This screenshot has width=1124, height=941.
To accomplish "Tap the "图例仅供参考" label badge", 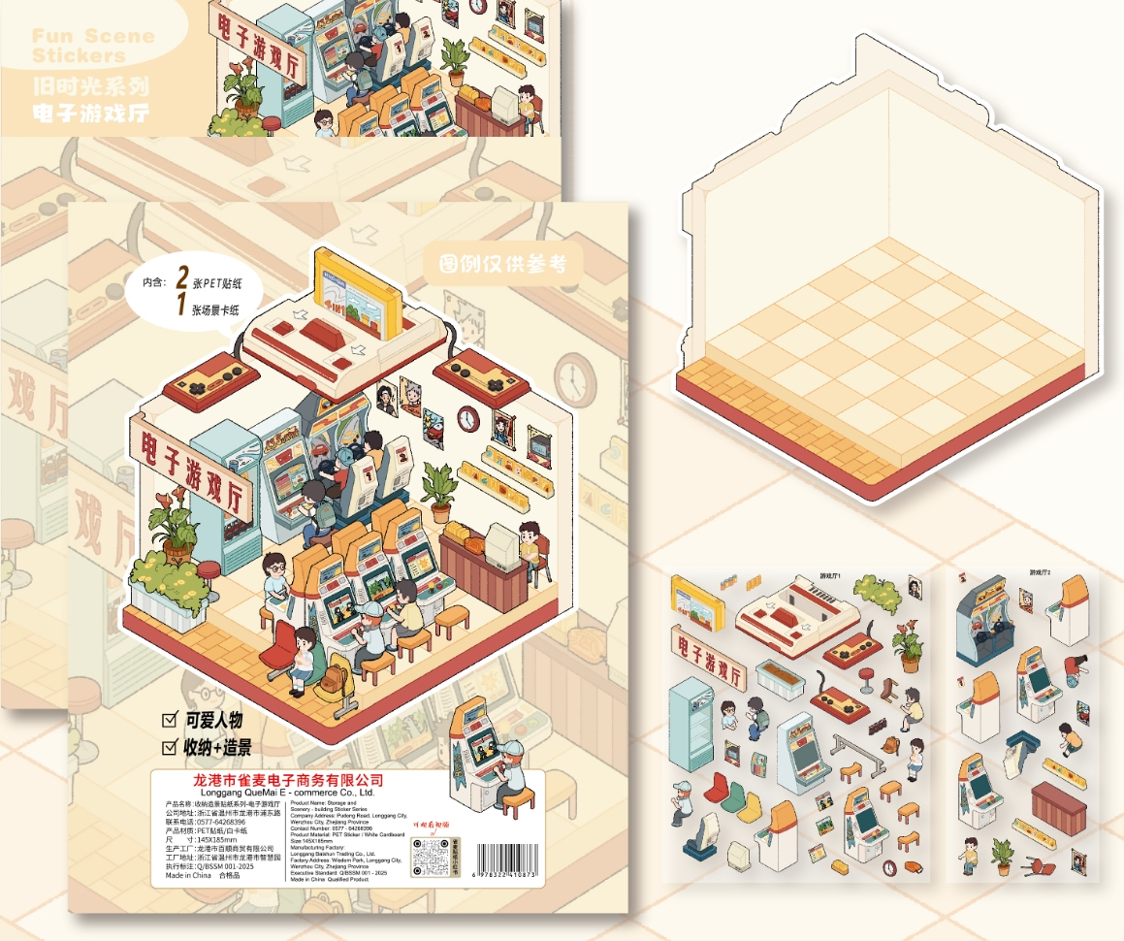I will pos(501,265).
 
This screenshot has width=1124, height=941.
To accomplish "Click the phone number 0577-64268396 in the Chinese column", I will pos(227,822).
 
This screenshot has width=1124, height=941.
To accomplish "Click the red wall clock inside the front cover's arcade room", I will pos(468,418).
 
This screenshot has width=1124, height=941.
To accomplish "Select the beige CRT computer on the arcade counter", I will pos(501,546).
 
